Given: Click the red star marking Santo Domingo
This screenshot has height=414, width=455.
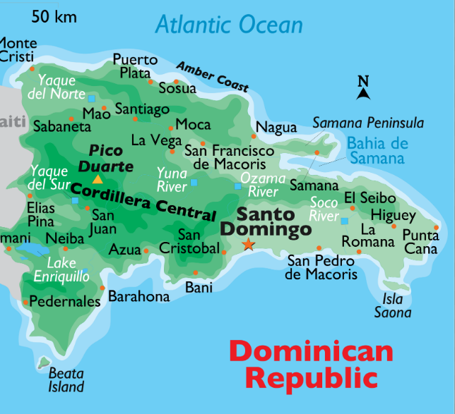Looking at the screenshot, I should [x=248, y=245].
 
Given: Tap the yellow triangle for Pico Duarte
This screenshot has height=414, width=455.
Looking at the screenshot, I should [x=97, y=180].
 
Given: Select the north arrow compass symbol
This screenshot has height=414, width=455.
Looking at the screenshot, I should [x=363, y=88].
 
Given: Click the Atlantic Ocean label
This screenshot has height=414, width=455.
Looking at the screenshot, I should [x=229, y=25].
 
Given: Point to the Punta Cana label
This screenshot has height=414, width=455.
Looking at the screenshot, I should [x=420, y=242].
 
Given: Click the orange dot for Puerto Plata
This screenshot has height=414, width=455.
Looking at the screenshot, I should [x=150, y=81].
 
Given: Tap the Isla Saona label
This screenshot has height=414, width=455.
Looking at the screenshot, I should [x=393, y=305].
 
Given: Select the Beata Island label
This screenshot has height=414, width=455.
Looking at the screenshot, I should [x=66, y=379].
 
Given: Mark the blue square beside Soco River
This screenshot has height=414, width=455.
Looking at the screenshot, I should [x=344, y=221].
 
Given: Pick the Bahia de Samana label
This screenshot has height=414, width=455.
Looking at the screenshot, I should [x=377, y=151].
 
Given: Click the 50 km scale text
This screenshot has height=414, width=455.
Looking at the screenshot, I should [x=54, y=16].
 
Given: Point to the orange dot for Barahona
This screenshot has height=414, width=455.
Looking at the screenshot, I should [x=102, y=288].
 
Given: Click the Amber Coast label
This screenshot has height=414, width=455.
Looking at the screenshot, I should [x=213, y=76].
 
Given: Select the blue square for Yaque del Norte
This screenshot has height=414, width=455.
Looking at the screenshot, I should [x=91, y=97].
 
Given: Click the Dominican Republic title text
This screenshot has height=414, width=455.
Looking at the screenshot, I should [x=311, y=364].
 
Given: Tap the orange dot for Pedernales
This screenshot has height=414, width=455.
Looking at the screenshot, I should [x=26, y=302].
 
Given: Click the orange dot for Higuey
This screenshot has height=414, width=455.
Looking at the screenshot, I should [x=394, y=226].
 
